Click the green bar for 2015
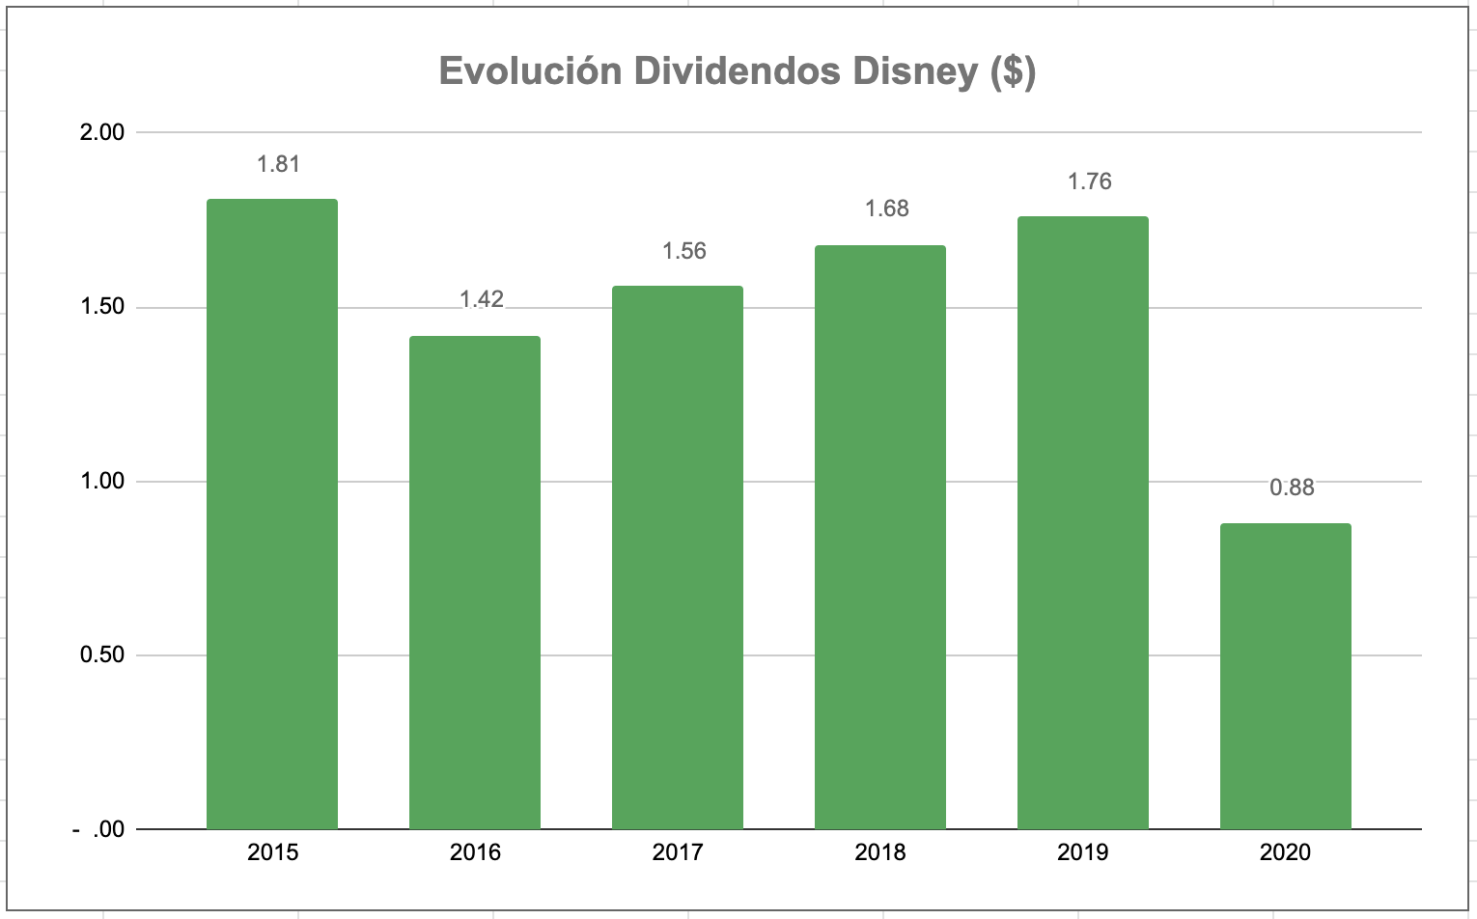point(272,514)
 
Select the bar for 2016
point(475,582)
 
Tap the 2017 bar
point(678,557)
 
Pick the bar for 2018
point(880,537)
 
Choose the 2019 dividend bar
point(1083,522)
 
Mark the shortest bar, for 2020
point(1286,676)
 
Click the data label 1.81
point(279,164)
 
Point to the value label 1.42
point(481,299)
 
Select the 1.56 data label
point(683,251)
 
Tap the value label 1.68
point(886,209)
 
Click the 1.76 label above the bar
point(1089,181)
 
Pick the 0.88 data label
point(1292,487)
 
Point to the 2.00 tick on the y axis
point(102,132)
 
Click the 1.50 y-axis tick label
point(102,307)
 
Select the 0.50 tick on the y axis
point(102,654)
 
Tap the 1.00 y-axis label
point(102,481)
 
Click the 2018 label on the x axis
point(880,852)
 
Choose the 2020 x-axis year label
point(1286,852)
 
